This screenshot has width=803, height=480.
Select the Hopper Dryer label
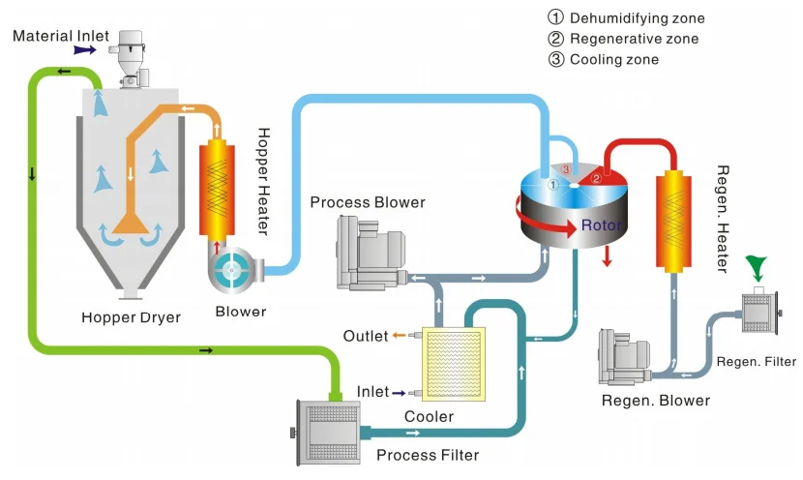coord(131,317)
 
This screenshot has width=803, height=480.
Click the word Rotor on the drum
coord(601,226)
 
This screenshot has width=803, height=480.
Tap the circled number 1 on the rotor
coord(552,183)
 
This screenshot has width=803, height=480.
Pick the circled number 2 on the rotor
coord(597,178)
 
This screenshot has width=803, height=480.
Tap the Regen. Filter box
coord(758,312)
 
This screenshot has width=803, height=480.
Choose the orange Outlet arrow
coord(400,336)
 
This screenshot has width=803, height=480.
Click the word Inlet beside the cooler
coord(372,392)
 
